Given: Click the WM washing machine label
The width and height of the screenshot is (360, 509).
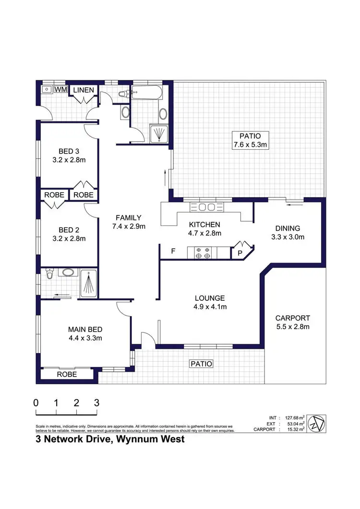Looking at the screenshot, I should tap(60, 90).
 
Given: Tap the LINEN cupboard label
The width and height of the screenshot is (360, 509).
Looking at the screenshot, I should tap(84, 90).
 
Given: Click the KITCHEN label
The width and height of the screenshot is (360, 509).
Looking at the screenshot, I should tap(204, 225).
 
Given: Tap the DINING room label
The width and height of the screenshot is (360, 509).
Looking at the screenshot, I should tap(288, 228).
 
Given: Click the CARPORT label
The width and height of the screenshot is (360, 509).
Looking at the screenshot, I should tap(292, 318).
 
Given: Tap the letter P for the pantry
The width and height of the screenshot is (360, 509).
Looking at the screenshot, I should tap(239, 253).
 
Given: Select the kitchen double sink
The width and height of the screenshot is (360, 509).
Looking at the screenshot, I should tap(206, 207).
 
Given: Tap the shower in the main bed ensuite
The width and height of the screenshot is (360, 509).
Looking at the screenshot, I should tap(88, 282).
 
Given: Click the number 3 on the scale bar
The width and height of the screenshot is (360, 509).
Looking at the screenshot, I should tap(97, 402).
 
